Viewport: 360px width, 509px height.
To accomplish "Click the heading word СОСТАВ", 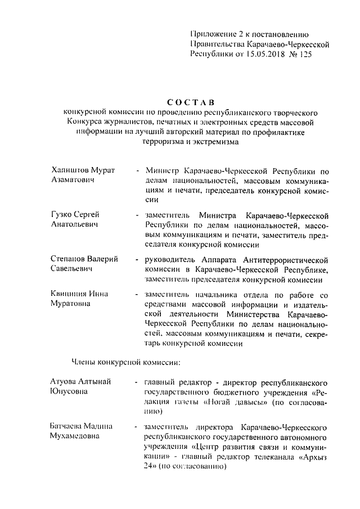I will pos(191,102).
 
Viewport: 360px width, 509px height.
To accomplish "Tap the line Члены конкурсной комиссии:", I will pos(125,360).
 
